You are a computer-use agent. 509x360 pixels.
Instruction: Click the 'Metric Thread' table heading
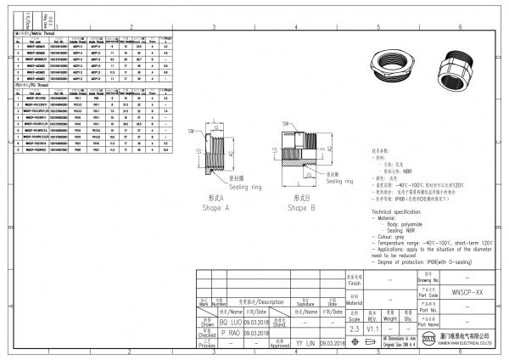pos(40,32)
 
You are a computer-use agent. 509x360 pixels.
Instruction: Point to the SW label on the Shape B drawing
pos(277,132)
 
